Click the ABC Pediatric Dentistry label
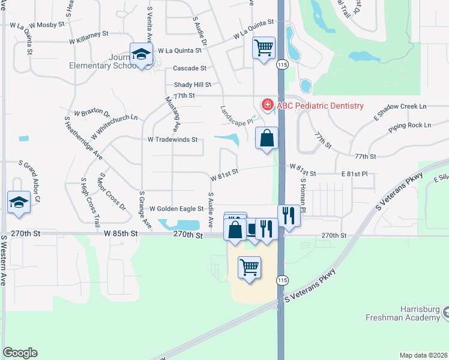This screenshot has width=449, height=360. click(x=320, y=106)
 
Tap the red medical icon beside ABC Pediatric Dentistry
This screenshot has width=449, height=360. click(x=267, y=105)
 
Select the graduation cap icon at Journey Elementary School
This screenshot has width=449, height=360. click(x=142, y=55)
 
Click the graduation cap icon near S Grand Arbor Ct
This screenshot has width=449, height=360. click(x=19, y=202)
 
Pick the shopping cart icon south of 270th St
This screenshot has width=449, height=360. click(x=249, y=267)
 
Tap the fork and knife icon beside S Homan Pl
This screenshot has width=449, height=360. click(x=289, y=215)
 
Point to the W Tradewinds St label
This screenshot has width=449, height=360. click(x=173, y=140)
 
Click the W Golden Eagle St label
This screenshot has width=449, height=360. click(x=176, y=209)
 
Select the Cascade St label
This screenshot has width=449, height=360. click(x=190, y=68)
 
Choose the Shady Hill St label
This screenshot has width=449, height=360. click(x=193, y=85)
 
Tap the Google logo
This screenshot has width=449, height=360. click(x=20, y=353)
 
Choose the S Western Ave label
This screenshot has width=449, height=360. click(x=3, y=259)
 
